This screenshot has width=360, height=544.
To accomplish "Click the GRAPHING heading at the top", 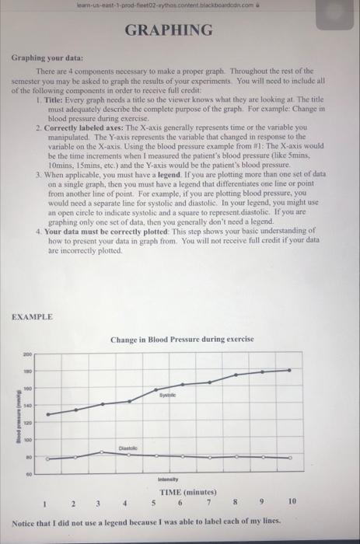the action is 180,30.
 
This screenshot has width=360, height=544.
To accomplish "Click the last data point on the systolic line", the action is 289,370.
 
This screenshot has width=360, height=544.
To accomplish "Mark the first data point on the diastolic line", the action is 48,460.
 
